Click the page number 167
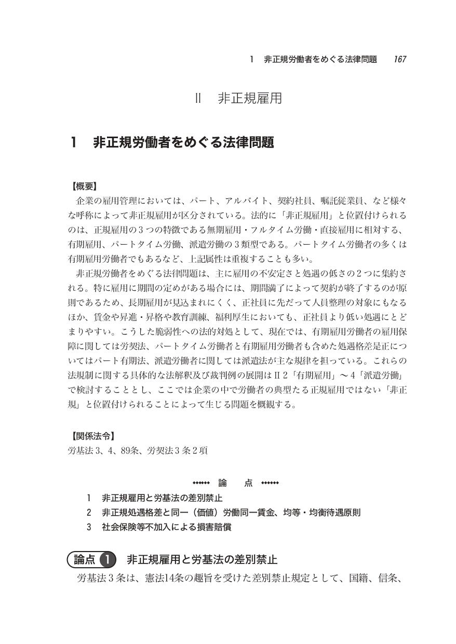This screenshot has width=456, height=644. click(399, 59)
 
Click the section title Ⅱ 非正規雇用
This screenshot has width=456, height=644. click(239, 99)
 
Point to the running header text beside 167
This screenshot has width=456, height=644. click(313, 59)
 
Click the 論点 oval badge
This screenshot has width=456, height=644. click(83, 559)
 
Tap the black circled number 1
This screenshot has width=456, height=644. click(106, 559)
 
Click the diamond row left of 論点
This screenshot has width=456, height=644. click(200, 482)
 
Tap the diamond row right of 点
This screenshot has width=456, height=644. click(270, 482)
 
